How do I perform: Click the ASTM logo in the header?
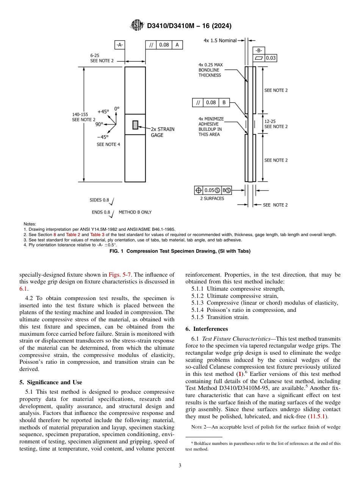[x=136, y=25]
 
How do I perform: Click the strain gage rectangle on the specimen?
[x=135, y=124]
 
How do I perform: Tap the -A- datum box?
[x=119, y=45]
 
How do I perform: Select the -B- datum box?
[x=258, y=50]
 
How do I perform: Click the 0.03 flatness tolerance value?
[x=271, y=58]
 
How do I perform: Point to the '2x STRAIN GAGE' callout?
[x=163, y=132]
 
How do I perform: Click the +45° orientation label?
[x=103, y=112]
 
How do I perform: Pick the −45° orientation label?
[x=102, y=137]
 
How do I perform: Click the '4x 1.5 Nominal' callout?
[x=220, y=40]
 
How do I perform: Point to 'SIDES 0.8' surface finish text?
[x=99, y=200]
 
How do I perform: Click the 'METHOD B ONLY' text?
[x=135, y=212]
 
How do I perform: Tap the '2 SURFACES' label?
[x=212, y=199]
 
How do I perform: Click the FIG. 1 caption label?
[x=180, y=251]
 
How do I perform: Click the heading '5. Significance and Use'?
[x=50, y=382]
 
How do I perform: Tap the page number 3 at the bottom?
[x=180, y=465]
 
